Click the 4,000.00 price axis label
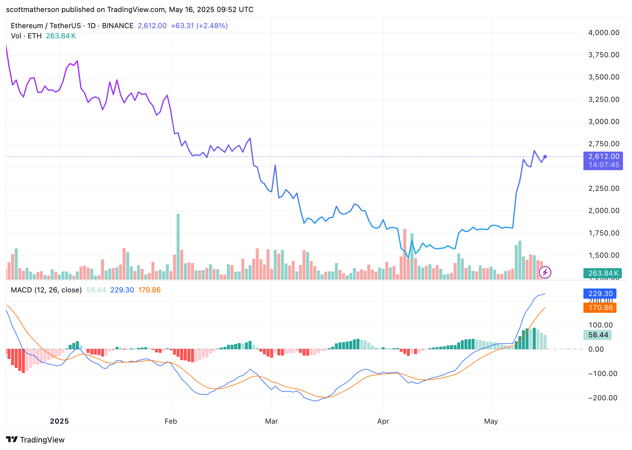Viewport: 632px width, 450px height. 604,33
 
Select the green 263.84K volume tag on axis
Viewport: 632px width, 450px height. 602,273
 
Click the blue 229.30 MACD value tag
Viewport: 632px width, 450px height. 600,294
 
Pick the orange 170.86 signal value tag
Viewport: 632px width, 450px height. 600,308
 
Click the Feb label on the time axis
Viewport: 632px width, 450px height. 171,421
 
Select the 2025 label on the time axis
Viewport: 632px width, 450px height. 59,421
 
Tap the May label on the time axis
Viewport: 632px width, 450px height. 491,421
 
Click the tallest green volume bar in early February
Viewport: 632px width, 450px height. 178,246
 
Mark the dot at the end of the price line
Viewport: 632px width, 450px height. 545,157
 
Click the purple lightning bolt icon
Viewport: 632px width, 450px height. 545,272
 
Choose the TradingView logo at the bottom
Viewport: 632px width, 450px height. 35,440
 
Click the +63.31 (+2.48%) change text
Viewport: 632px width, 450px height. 199,26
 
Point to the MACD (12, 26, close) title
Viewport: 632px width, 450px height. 46,290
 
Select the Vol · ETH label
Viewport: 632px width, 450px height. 26,36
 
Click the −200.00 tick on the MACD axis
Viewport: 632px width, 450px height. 603,398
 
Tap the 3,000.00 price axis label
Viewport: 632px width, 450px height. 604,122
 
